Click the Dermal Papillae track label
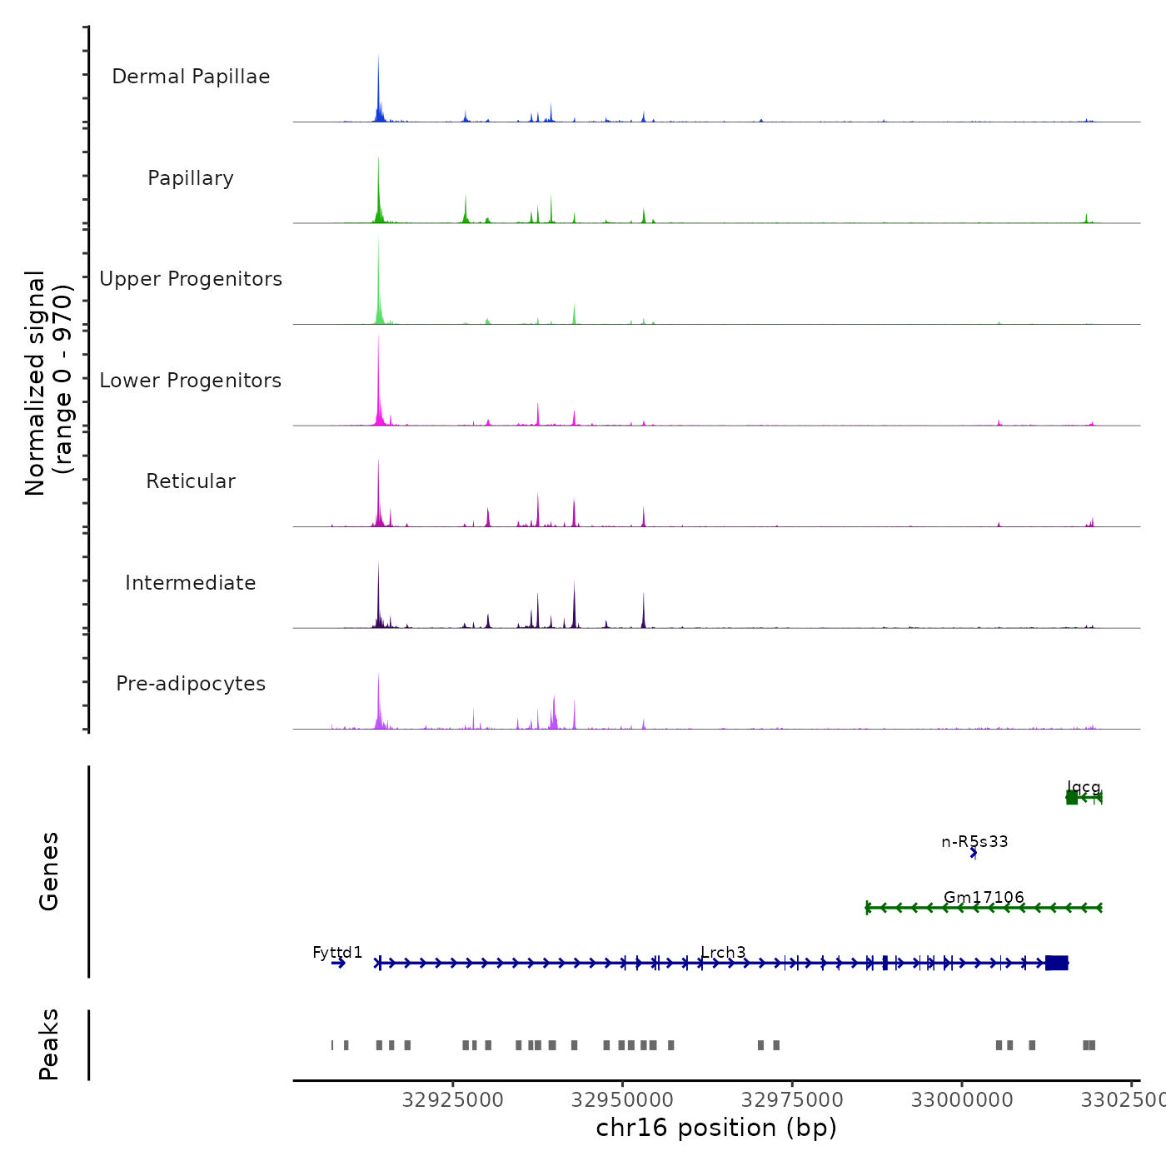pyautogui.click(x=191, y=77)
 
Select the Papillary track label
pyautogui.click(x=191, y=178)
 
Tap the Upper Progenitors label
pyautogui.click(x=191, y=279)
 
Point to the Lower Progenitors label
pyautogui.click(x=191, y=381)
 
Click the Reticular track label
pyautogui.click(x=191, y=481)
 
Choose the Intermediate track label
pyautogui.click(x=191, y=583)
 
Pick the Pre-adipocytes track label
pyautogui.click(x=191, y=684)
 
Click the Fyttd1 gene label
pyautogui.click(x=337, y=952)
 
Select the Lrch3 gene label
pyautogui.click(x=723, y=952)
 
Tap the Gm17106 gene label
pyautogui.click(x=984, y=897)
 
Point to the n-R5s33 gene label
pyautogui.click(x=974, y=841)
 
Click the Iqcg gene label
pyautogui.click(x=1084, y=787)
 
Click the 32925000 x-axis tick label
pyautogui.click(x=453, y=1100)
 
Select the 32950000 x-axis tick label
pyautogui.click(x=622, y=1100)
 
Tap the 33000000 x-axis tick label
pyautogui.click(x=962, y=1100)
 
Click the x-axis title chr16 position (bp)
pyautogui.click(x=716, y=1128)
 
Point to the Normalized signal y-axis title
pyautogui.click(x=48, y=383)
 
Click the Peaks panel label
pyautogui.click(x=49, y=1044)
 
